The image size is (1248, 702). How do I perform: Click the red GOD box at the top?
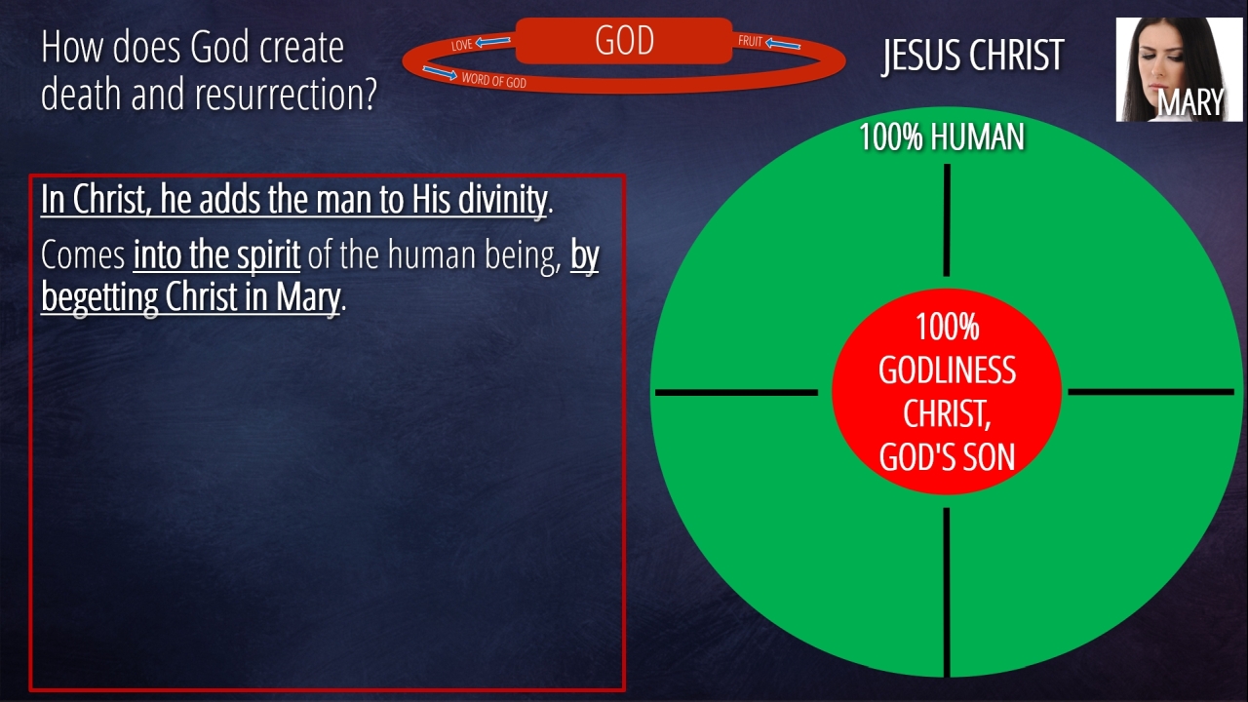(x=623, y=41)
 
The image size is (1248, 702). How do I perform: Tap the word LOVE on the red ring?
(x=462, y=45)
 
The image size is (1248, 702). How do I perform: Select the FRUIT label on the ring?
(x=750, y=41)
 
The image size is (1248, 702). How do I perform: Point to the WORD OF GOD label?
(x=493, y=81)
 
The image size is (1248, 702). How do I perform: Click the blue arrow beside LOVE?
(x=492, y=41)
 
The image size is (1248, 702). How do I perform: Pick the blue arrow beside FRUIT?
(x=783, y=44)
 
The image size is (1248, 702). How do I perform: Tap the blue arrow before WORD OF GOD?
(x=440, y=73)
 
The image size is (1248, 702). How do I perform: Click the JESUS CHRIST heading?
(x=973, y=56)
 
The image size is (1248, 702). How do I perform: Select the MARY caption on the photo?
(x=1190, y=102)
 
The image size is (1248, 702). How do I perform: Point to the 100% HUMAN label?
(x=942, y=136)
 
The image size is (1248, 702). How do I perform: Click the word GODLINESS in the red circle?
(x=947, y=370)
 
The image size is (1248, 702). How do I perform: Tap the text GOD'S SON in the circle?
(x=947, y=457)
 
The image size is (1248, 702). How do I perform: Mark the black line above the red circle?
(x=947, y=220)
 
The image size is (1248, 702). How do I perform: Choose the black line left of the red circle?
(x=736, y=393)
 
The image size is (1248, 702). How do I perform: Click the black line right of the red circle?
(x=1151, y=392)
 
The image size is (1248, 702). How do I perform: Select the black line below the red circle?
(x=946, y=592)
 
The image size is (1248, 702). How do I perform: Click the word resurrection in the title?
(x=286, y=94)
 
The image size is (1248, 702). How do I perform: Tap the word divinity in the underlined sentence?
(x=502, y=200)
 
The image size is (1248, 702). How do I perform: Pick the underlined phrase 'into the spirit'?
(x=216, y=255)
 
